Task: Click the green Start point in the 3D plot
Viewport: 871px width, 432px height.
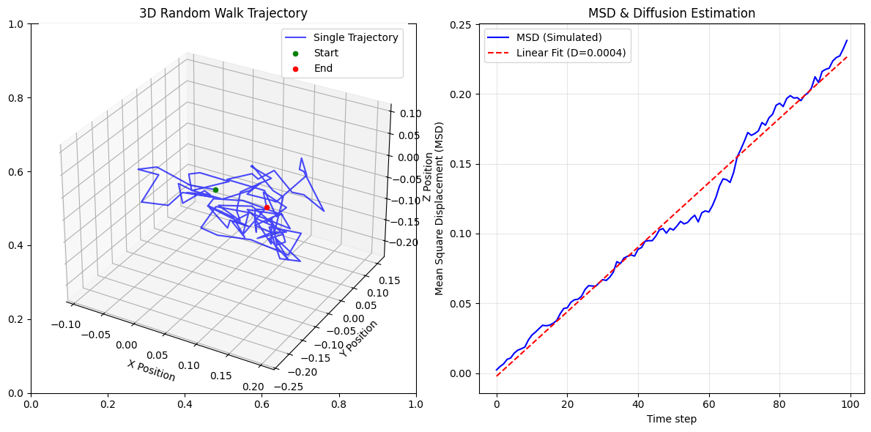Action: pyautogui.click(x=215, y=190)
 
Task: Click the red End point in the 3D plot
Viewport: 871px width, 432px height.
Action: pyautogui.click(x=267, y=207)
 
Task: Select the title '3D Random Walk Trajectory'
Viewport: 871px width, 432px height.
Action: pyautogui.click(x=223, y=13)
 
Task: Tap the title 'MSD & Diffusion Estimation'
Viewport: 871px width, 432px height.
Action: pyautogui.click(x=672, y=13)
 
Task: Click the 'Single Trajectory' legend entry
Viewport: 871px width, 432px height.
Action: pyautogui.click(x=355, y=37)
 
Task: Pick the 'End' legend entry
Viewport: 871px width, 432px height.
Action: pyautogui.click(x=323, y=68)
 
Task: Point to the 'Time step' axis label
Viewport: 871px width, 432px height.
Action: pyautogui.click(x=672, y=419)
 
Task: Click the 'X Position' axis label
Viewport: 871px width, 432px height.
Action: pyautogui.click(x=152, y=370)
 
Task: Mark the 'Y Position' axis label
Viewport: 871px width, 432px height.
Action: pyautogui.click(x=358, y=338)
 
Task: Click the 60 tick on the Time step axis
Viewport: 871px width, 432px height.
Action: pyautogui.click(x=708, y=403)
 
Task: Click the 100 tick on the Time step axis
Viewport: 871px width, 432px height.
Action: pyautogui.click(x=850, y=403)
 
